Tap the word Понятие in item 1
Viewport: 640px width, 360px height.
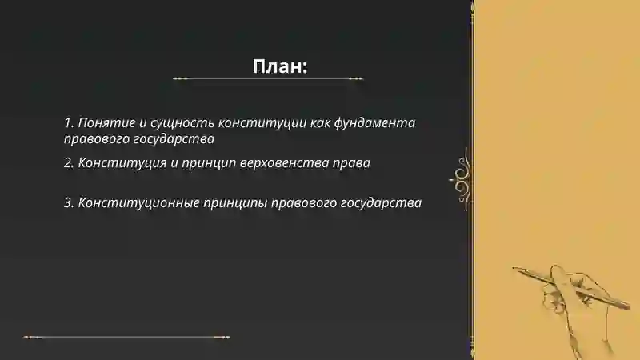point(102,124)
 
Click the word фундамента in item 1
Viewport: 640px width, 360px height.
point(377,124)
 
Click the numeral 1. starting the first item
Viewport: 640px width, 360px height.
point(69,124)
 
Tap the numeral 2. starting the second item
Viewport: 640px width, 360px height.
point(69,163)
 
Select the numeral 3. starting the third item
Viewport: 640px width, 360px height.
point(69,202)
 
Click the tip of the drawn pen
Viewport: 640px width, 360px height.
point(516,269)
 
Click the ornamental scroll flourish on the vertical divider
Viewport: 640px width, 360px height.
point(462,176)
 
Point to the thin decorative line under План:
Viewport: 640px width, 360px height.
point(268,79)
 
